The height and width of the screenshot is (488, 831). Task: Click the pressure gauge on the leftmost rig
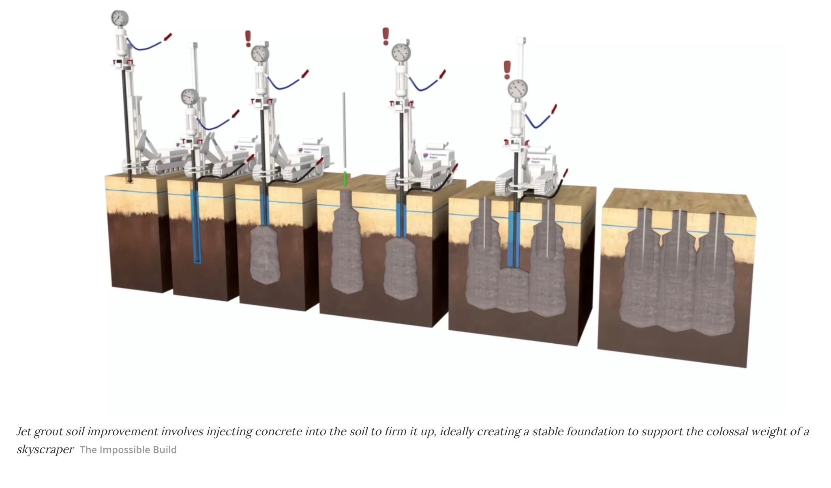tap(120, 18)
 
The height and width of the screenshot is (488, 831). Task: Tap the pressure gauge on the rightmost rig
tap(518, 88)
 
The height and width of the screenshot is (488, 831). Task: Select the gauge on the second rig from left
tap(189, 97)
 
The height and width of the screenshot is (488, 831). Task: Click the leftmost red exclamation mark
tap(248, 39)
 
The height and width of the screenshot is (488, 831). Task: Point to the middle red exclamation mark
tap(386, 36)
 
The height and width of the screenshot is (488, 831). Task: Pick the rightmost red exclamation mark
tap(507, 70)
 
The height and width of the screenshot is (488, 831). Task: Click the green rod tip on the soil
tap(345, 179)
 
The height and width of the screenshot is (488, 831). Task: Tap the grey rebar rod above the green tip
tap(344, 130)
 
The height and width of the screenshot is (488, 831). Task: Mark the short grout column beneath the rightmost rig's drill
tap(514, 290)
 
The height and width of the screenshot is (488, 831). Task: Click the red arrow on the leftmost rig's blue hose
tap(167, 37)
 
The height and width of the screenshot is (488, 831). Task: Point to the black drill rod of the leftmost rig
tap(125, 122)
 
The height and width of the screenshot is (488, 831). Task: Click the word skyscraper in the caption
tap(45, 449)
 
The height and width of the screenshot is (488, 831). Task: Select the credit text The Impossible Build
tap(128, 450)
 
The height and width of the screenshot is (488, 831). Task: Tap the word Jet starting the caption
tap(24, 432)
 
